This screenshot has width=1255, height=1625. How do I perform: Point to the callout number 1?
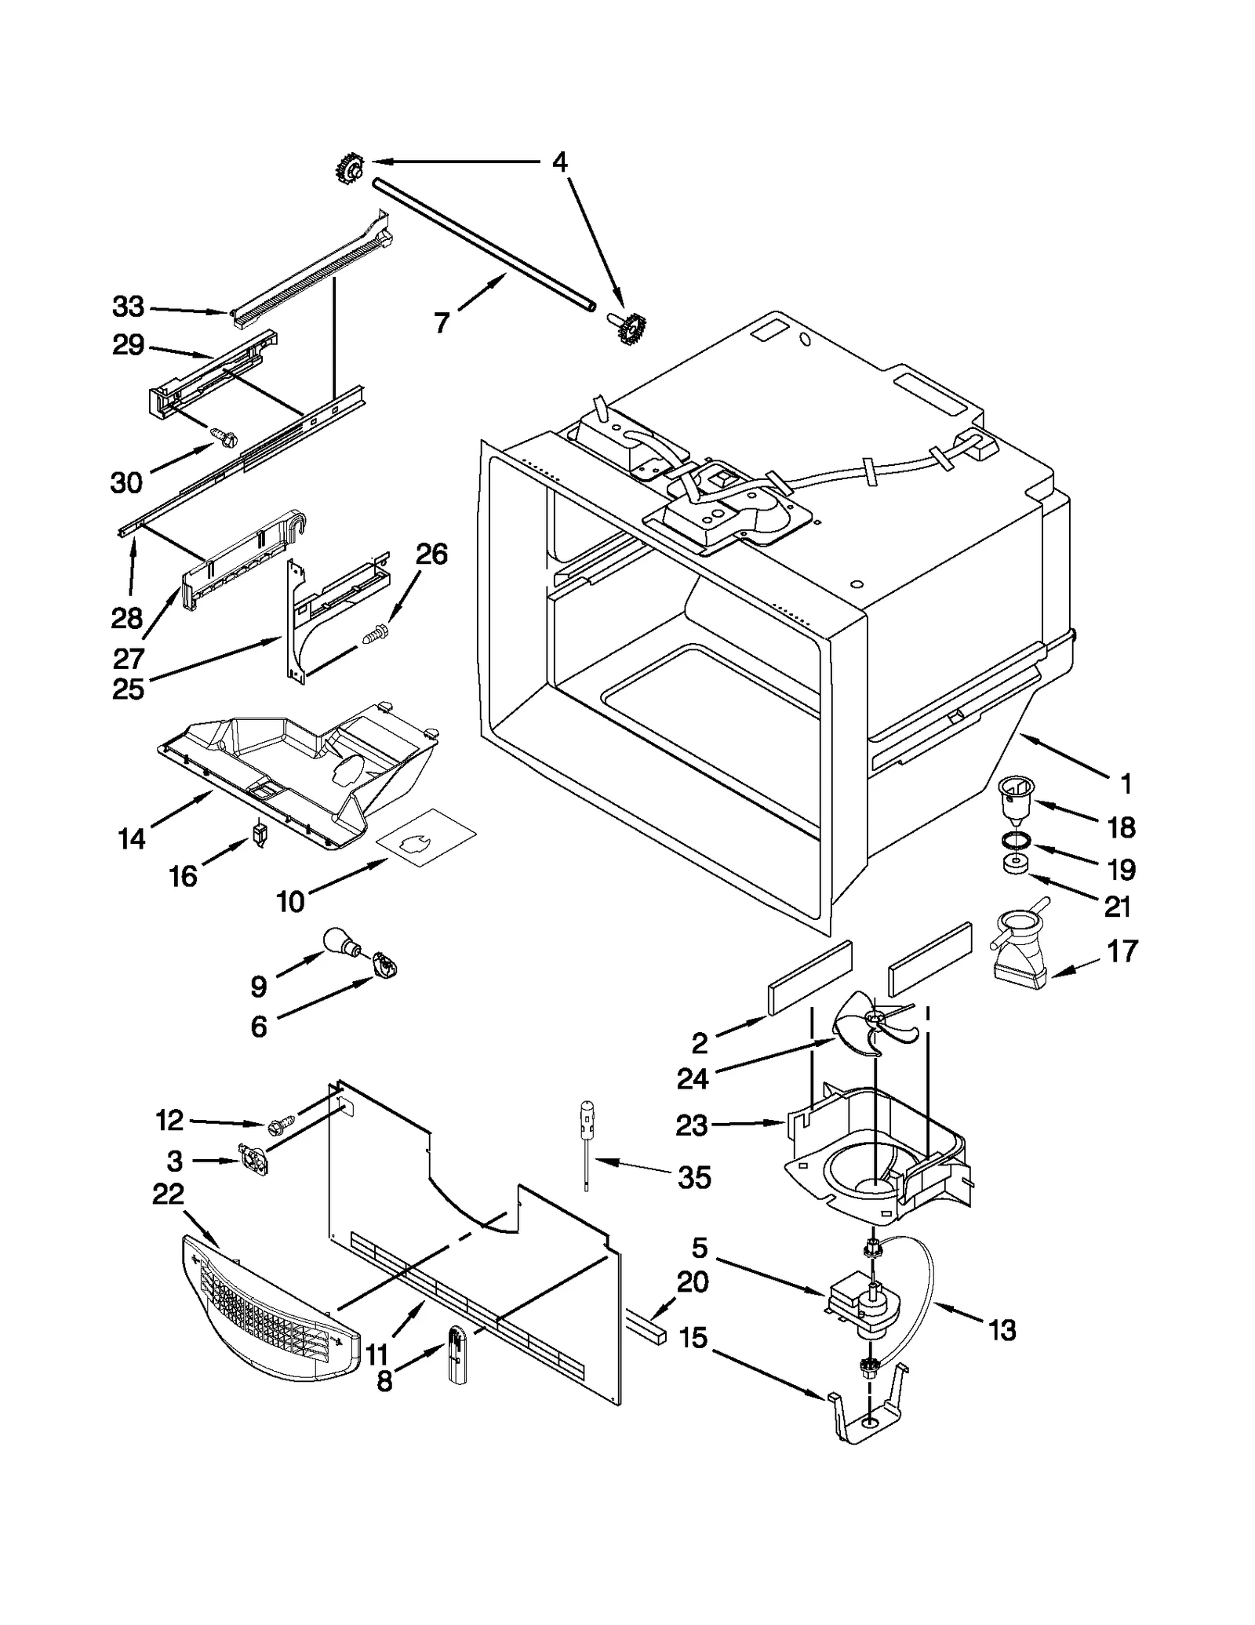tap(1126, 783)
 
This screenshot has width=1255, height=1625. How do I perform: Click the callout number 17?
tap(1122, 951)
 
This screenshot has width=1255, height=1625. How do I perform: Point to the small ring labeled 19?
tap(1016, 842)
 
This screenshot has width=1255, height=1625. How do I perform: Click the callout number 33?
tap(129, 307)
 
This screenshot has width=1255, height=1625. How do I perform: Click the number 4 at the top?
tap(558, 162)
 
